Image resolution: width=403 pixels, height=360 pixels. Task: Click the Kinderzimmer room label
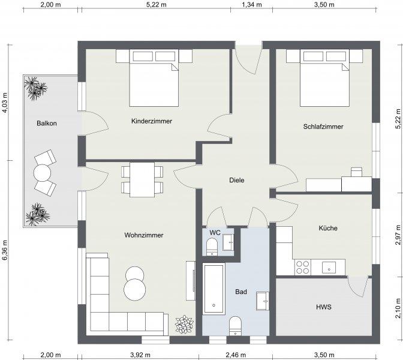[x=152, y=121]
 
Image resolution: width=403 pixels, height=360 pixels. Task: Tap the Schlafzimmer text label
[x=323, y=127]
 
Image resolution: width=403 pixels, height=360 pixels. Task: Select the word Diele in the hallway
[x=237, y=180]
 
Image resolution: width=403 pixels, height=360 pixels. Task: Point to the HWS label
[x=324, y=307]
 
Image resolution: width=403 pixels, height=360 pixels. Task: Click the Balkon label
[x=47, y=123]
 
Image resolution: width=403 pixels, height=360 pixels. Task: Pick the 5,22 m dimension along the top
[x=157, y=4]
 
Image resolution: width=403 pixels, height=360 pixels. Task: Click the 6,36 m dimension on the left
[x=5, y=250]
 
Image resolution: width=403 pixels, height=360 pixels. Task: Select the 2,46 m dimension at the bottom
[x=236, y=355]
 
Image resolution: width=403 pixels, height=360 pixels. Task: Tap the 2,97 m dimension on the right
[x=398, y=235]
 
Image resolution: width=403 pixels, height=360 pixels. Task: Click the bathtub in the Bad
[x=213, y=289]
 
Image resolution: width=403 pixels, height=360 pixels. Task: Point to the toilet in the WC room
[x=212, y=247]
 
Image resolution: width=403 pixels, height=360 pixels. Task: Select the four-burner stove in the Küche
[x=302, y=267]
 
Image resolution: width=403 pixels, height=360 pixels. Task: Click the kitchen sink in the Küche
[x=329, y=268]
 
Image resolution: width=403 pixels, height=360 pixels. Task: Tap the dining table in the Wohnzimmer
[x=142, y=180]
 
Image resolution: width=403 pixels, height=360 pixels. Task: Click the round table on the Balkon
[x=42, y=173]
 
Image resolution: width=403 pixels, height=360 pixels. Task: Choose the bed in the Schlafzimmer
[x=325, y=78]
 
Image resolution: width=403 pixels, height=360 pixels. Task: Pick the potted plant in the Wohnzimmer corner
[x=184, y=325]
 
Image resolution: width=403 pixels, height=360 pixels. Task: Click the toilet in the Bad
[x=235, y=326]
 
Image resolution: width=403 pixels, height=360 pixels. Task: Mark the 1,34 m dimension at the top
[x=252, y=4]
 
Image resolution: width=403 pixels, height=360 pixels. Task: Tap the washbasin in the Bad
[x=263, y=301]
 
